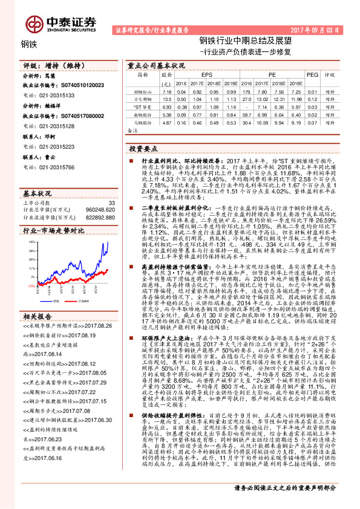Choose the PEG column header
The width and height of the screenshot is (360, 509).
(x=312, y=76)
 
